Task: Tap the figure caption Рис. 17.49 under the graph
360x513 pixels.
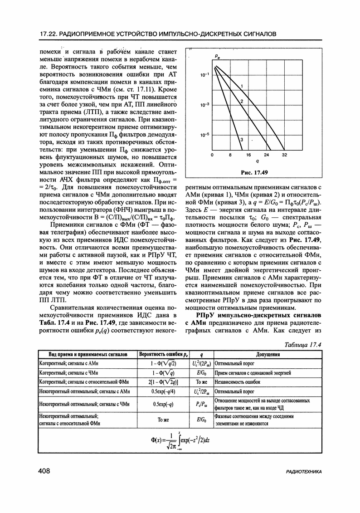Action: (254, 172)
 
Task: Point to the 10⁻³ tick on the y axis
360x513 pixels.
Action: (204, 105)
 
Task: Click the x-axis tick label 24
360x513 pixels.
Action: (266, 155)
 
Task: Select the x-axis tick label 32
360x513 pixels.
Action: (284, 155)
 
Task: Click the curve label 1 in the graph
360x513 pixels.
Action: (243, 86)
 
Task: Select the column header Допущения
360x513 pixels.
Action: (267, 354)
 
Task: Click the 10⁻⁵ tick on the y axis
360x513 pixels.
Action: (204, 135)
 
